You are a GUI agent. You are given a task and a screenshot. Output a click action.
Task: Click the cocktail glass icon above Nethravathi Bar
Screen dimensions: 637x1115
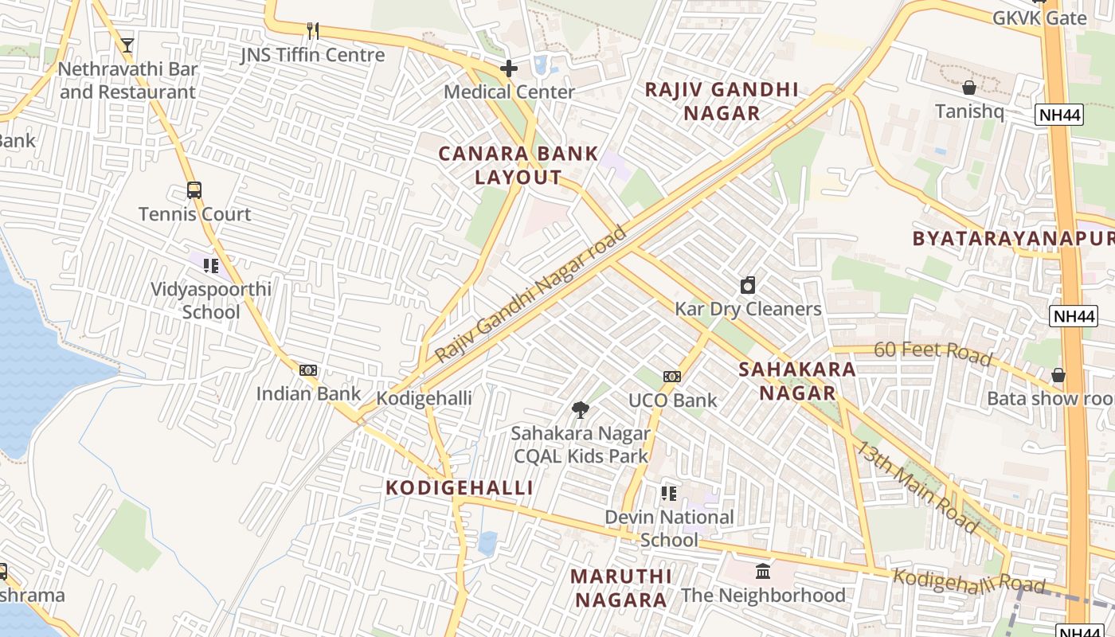click(127, 45)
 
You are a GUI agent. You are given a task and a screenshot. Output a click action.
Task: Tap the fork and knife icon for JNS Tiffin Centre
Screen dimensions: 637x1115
click(313, 31)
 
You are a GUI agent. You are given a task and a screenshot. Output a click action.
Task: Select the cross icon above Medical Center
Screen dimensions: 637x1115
click(509, 68)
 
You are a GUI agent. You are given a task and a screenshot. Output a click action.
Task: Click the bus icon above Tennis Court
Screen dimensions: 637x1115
click(194, 190)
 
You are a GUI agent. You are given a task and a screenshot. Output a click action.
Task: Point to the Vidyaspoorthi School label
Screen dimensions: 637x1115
click(211, 300)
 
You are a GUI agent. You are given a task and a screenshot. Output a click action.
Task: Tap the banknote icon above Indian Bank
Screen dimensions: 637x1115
click(308, 370)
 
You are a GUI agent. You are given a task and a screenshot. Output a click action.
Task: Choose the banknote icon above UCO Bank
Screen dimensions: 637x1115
click(672, 377)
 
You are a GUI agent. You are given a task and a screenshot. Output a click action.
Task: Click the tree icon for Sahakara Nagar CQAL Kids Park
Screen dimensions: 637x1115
click(581, 410)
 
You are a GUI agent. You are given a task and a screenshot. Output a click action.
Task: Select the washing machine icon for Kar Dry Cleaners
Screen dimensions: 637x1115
click(748, 285)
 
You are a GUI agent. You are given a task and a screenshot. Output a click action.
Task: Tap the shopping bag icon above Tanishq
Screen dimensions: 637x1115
click(969, 88)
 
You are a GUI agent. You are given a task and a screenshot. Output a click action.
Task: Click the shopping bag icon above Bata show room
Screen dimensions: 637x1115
click(1058, 374)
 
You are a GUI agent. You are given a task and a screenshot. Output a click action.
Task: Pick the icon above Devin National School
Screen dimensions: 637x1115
click(669, 494)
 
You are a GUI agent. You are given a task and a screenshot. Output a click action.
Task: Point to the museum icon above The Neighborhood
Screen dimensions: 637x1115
click(763, 571)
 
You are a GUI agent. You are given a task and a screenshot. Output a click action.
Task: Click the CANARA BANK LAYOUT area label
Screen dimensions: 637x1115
click(518, 166)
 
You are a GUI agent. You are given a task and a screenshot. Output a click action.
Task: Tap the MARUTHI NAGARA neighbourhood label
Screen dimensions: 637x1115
click(621, 588)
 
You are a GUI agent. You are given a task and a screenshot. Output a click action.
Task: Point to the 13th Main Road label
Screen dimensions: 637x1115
click(916, 487)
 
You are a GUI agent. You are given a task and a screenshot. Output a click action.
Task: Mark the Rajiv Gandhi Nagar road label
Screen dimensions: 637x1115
click(532, 293)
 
